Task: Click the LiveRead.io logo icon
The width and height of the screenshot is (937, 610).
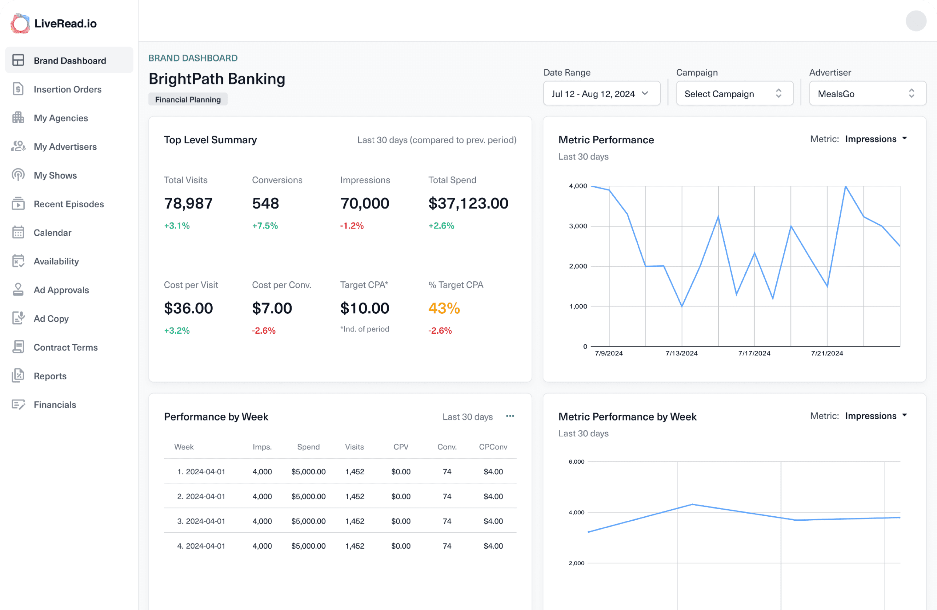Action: (20, 24)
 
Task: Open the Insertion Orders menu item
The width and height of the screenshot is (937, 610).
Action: (67, 89)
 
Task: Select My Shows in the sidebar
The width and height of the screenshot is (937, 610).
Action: (55, 175)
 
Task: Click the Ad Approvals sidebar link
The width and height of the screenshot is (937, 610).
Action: (61, 290)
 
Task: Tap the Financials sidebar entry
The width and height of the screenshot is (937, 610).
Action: (55, 405)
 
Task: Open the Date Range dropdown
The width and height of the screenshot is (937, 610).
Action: (601, 94)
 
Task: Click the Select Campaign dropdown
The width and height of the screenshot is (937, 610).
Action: (734, 94)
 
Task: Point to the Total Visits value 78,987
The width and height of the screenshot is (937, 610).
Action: (188, 203)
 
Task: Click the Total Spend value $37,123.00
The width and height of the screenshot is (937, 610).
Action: (468, 203)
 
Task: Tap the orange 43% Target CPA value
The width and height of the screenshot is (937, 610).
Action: (444, 308)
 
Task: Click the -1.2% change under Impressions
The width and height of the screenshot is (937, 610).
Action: (352, 226)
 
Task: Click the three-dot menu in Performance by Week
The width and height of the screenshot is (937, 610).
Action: (510, 417)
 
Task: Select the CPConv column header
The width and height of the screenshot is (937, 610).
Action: (493, 447)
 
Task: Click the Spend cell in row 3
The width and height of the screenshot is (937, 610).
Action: (308, 521)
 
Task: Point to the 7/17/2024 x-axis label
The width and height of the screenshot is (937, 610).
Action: (754, 353)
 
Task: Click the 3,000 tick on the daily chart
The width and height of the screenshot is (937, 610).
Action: (578, 226)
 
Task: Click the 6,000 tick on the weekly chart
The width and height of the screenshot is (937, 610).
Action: (576, 462)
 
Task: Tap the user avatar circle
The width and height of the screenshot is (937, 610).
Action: (916, 21)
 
